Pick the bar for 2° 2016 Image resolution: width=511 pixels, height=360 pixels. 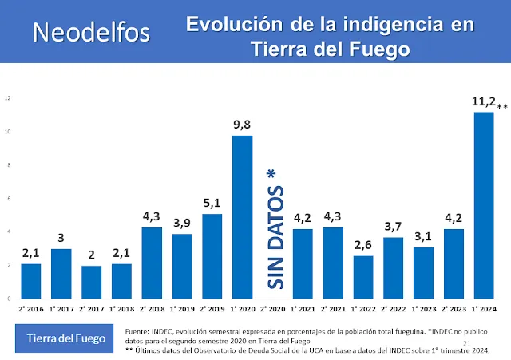[30, 275]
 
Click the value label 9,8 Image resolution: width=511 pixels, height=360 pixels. [242, 125]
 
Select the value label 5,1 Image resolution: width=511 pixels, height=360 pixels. [212, 203]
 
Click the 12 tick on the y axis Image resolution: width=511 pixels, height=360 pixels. [7, 98]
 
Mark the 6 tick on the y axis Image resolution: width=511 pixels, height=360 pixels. [8, 199]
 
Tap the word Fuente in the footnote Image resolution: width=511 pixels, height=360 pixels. [138, 330]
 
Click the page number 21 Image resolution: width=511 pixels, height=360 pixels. [489, 319]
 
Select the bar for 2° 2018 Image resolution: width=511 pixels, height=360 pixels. [152, 257]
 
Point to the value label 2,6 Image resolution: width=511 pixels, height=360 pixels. [362, 245]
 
